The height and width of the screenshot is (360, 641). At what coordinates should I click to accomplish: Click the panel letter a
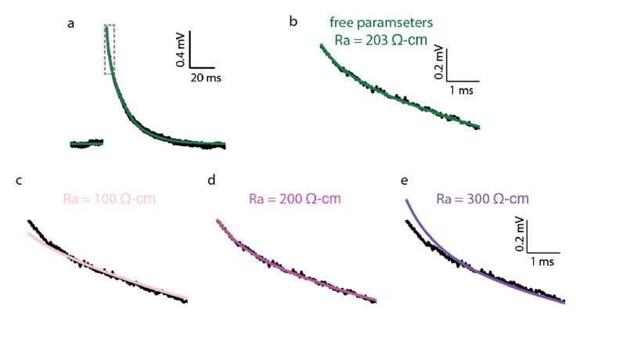click(x=71, y=23)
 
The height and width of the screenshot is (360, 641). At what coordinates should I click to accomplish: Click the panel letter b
click(x=293, y=21)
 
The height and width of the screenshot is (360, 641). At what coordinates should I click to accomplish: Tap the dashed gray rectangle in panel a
click(x=110, y=49)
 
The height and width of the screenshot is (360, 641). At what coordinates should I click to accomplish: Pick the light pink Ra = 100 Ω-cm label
click(x=103, y=199)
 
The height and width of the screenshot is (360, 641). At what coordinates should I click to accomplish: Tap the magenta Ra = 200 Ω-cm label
click(x=295, y=199)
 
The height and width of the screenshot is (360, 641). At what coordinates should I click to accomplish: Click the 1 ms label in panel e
click(x=542, y=261)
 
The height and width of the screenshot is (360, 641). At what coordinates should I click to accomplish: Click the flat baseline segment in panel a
click(x=86, y=144)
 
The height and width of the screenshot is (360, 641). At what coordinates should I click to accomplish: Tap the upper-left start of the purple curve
click(x=407, y=202)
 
